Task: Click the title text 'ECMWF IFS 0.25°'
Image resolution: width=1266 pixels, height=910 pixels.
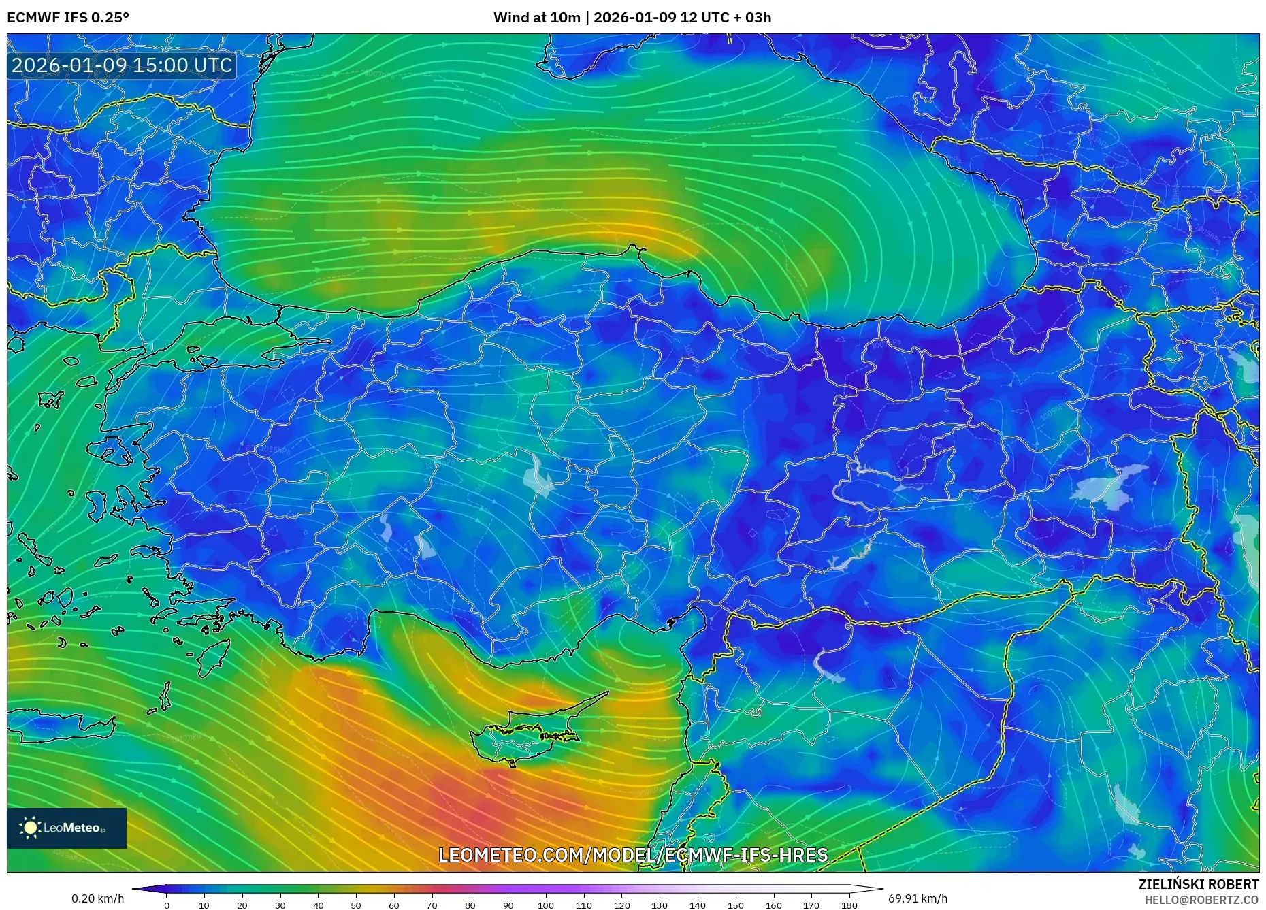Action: (68, 18)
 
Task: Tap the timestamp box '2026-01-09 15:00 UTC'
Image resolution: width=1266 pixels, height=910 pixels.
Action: (123, 65)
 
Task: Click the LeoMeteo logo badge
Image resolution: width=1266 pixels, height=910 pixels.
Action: (67, 828)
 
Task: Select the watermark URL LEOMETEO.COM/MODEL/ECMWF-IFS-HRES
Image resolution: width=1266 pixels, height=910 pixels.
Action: (633, 855)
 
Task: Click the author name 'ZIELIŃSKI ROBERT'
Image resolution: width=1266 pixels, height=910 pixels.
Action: (1199, 884)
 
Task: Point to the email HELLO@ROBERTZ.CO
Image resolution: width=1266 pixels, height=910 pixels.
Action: (1201, 900)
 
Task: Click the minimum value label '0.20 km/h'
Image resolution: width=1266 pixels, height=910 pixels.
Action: (98, 898)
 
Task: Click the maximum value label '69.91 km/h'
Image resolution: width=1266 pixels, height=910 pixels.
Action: (918, 898)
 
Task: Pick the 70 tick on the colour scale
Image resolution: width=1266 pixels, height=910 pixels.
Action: (432, 905)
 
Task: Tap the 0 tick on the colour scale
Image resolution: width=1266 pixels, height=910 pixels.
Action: (166, 905)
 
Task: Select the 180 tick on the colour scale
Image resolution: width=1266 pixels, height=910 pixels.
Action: (849, 905)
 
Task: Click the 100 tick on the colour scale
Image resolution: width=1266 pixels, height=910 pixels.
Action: (545, 905)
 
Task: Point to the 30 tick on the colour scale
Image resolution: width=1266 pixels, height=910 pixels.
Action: (280, 905)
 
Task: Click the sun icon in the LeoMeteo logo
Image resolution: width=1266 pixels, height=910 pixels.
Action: (30, 828)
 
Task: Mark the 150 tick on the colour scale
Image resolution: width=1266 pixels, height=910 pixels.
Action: (735, 905)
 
